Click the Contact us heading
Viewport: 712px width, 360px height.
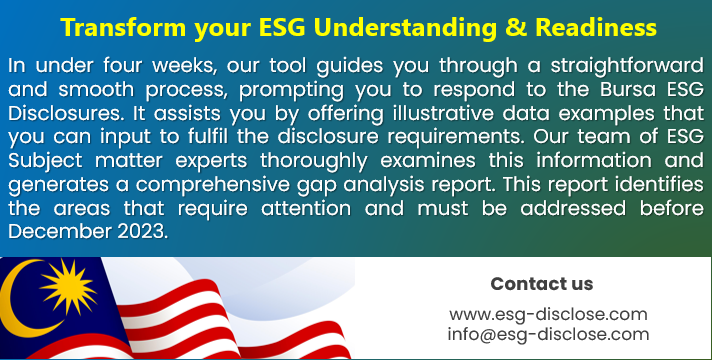[542, 283]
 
